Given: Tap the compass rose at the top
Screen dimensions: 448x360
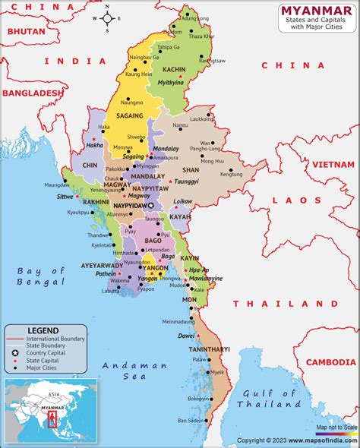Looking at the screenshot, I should point(107,17).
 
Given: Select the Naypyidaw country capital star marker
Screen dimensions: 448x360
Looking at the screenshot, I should point(150,206).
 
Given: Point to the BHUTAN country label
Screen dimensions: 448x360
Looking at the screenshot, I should point(26,33).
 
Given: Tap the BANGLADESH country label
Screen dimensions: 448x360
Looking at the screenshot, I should point(32,93).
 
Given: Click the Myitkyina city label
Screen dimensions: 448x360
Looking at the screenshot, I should point(170,83).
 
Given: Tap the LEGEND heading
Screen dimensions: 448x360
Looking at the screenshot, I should point(43,330).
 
